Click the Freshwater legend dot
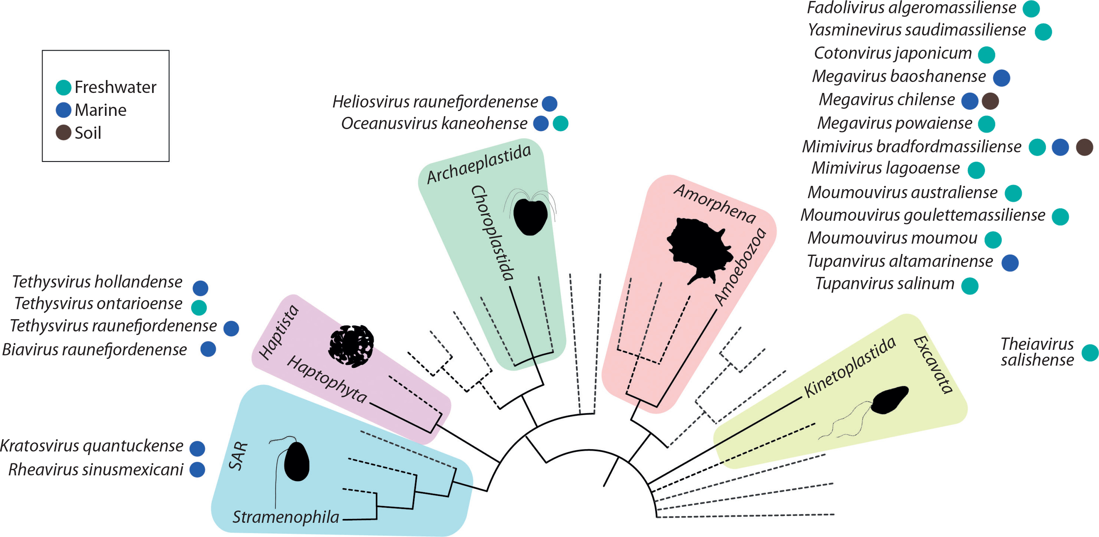click(63, 87)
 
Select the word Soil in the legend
click(88, 133)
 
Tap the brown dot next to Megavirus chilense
click(990, 101)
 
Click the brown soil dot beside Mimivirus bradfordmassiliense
click(1084, 147)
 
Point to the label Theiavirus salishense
click(1037, 352)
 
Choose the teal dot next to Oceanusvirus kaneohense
click(560, 124)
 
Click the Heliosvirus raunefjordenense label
click(435, 102)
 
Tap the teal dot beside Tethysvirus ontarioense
click(199, 307)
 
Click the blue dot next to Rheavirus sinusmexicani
click(197, 470)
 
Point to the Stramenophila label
click(285, 517)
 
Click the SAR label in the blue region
click(238, 456)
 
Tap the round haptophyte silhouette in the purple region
click(351, 346)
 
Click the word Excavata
click(933, 365)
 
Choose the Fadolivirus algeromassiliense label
click(911, 8)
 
